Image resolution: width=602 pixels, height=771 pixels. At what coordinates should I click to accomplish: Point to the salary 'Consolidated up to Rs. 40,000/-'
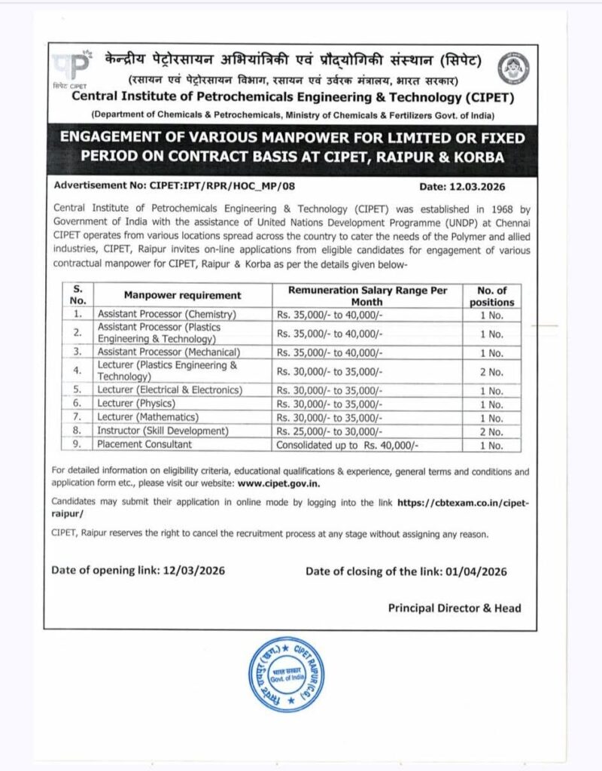pyautogui.click(x=347, y=445)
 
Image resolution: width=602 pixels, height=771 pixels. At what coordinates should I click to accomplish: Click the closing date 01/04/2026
pyautogui.click(x=474, y=571)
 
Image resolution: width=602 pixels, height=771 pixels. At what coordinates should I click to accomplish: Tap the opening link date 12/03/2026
pyautogui.click(x=193, y=571)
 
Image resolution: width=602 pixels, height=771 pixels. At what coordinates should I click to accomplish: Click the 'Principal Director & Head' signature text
pyautogui.click(x=455, y=608)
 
